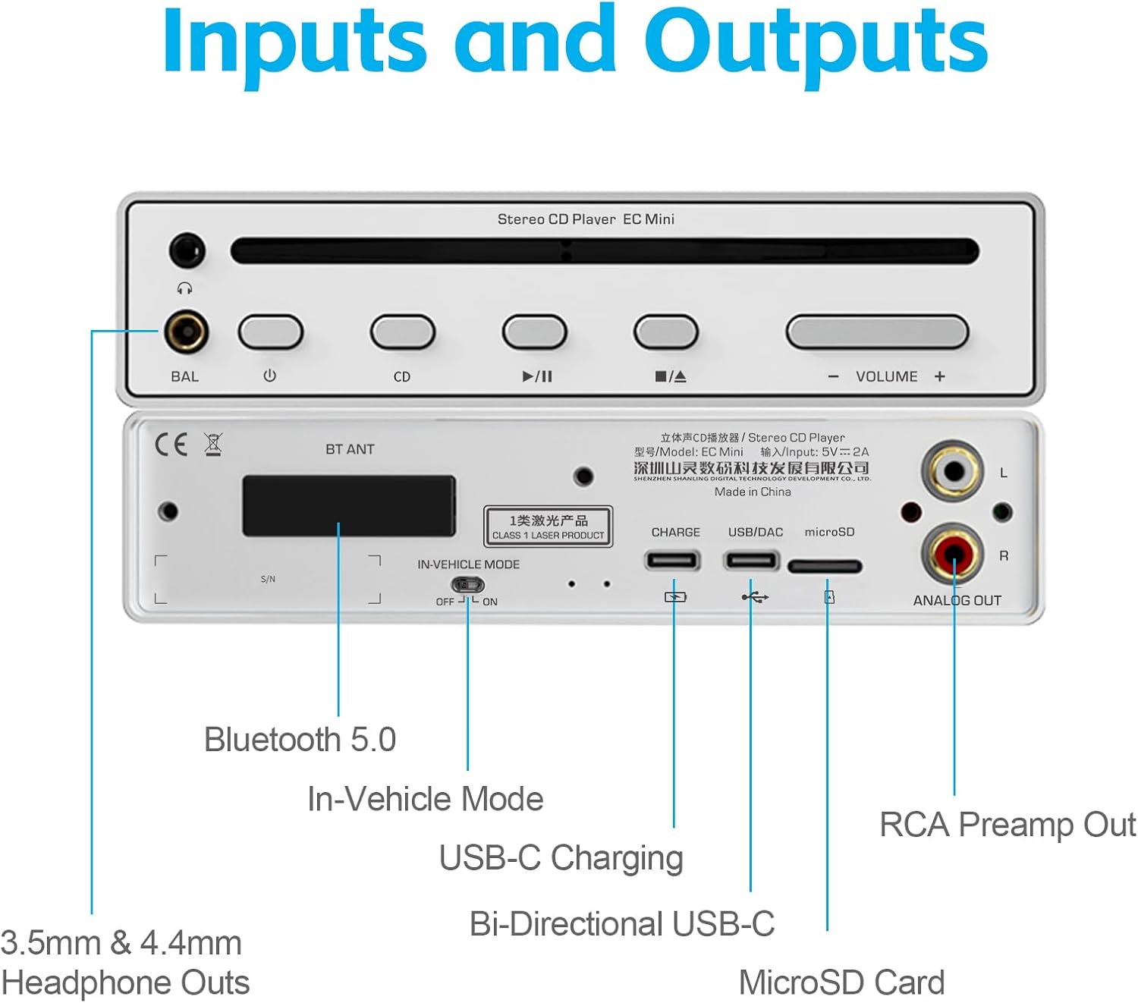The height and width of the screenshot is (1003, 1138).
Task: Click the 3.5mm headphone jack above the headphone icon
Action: tap(187, 250)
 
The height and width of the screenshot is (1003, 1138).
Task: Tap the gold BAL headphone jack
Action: tap(186, 332)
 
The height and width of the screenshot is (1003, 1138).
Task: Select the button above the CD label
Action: tap(402, 332)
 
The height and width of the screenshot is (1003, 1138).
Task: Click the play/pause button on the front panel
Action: tap(534, 332)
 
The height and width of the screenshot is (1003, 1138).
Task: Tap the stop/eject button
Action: tap(665, 332)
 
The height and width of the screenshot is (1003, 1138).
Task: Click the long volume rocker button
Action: tap(877, 332)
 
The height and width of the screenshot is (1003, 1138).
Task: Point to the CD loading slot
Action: tap(604, 251)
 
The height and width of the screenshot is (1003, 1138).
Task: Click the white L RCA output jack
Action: tap(953, 472)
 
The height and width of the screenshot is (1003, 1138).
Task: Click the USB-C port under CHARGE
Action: tap(672, 561)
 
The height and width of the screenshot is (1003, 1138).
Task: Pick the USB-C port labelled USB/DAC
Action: tap(751, 561)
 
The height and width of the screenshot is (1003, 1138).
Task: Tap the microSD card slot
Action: tap(825, 566)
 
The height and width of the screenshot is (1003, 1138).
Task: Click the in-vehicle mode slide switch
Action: tap(467, 585)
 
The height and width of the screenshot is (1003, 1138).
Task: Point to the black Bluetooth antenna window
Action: tap(349, 506)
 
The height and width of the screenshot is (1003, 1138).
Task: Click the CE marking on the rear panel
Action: tap(171, 445)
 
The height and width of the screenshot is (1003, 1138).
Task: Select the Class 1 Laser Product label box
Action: tap(548, 527)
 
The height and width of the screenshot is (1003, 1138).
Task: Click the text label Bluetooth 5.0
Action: tap(300, 740)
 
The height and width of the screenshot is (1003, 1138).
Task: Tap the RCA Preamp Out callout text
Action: tap(1008, 825)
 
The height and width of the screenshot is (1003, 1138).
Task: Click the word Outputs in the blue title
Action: tap(816, 42)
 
